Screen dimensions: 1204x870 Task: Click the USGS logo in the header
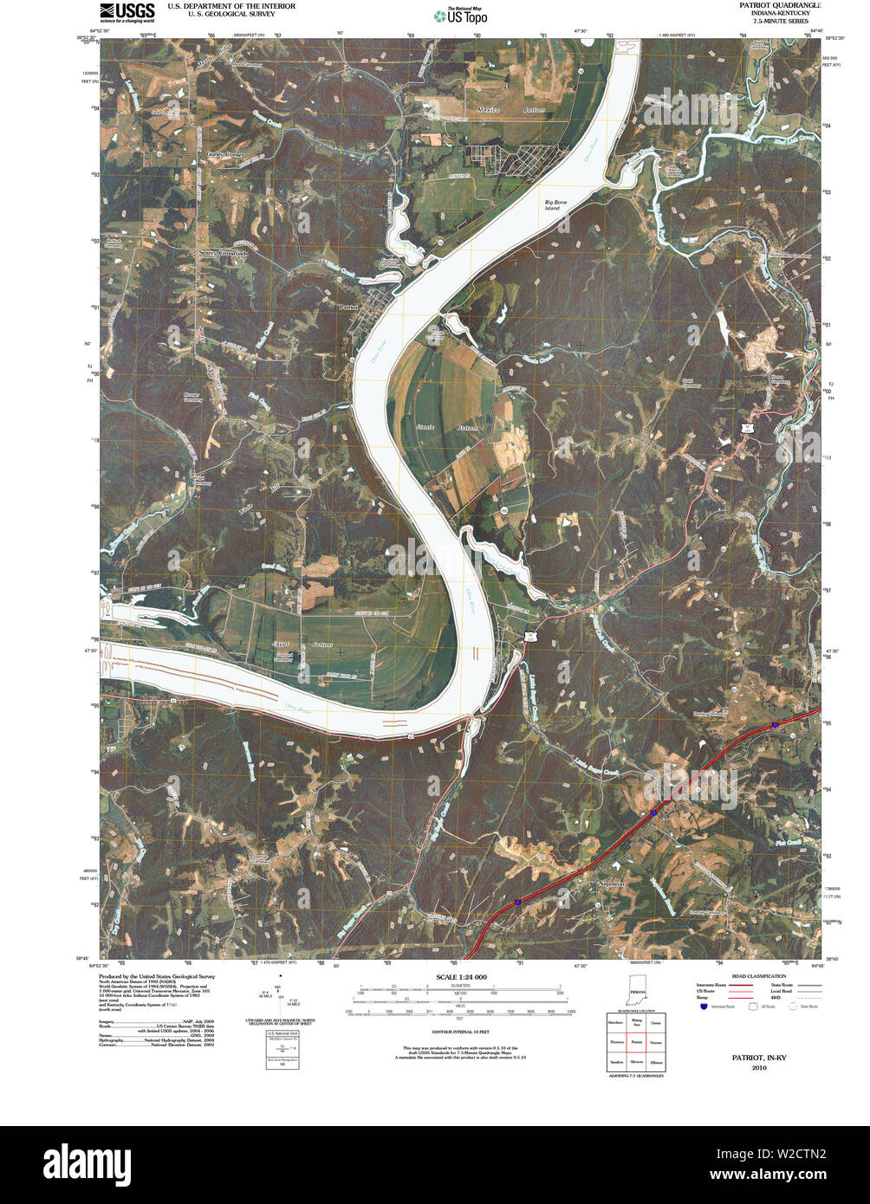[127, 12]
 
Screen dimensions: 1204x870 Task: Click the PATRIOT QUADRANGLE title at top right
[779, 5]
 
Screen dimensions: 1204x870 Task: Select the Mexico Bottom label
[512, 110]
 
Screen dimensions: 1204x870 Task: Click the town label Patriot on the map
[348, 307]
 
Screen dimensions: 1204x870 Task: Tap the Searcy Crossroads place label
[223, 253]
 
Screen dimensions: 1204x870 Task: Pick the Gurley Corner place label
[224, 154]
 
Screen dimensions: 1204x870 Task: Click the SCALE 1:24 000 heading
[456, 977]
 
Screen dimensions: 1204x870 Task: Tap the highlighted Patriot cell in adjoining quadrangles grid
[637, 1042]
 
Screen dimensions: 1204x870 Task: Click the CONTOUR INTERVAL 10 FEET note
[456, 1032]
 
